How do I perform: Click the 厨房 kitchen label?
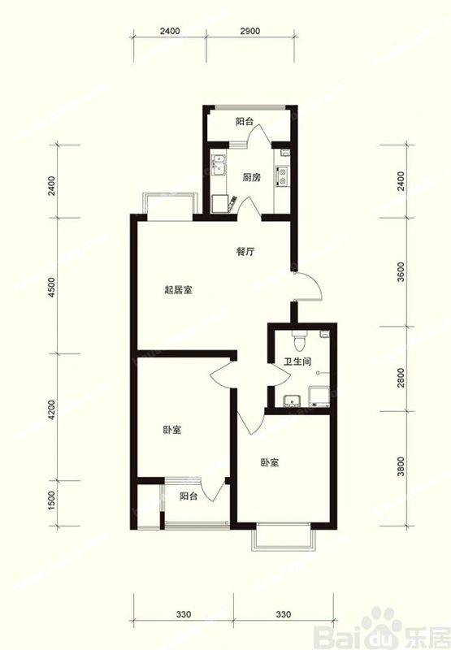point(250,177)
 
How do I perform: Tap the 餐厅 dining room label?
point(245,251)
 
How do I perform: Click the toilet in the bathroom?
point(300,336)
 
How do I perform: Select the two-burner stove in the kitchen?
point(281,175)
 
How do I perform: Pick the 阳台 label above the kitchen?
point(245,123)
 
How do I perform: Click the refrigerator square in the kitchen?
point(218,202)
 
